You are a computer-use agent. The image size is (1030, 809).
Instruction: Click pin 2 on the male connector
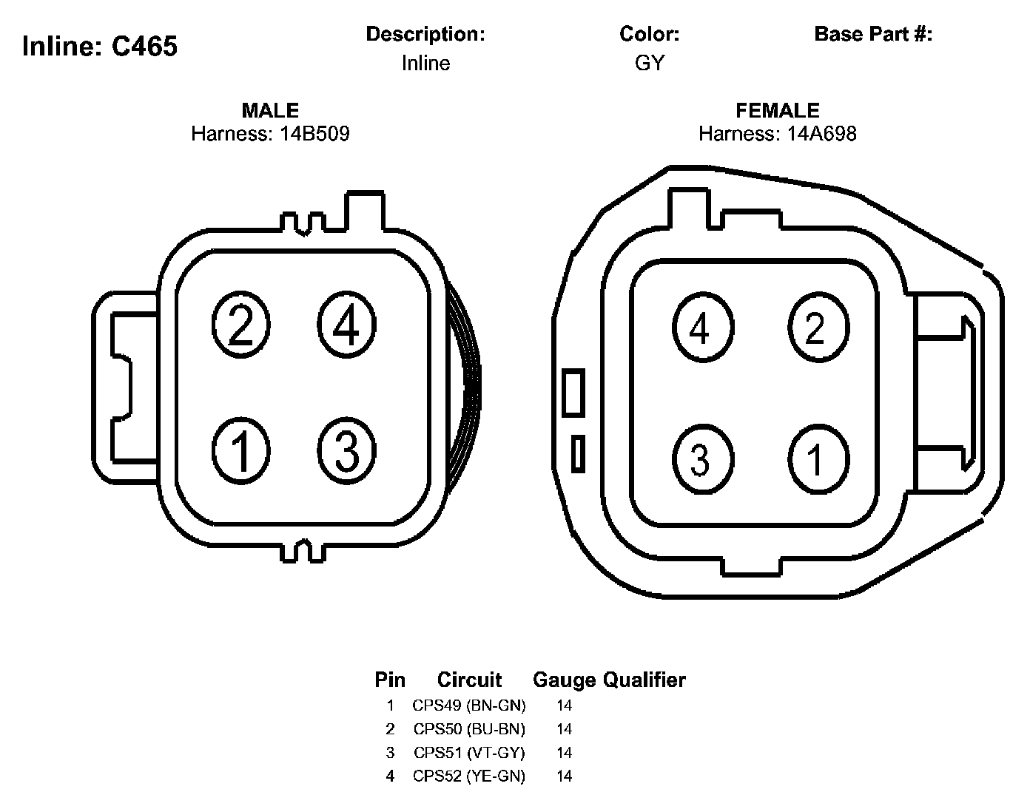tap(240, 325)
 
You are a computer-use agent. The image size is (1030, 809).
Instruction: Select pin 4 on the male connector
tap(346, 325)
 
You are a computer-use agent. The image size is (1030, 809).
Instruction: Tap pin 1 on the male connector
tap(240, 451)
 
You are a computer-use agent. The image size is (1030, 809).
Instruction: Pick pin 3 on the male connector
tap(346, 451)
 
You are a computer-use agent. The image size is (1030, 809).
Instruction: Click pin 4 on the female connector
tap(703, 328)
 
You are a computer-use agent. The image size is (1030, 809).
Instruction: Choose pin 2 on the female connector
tap(818, 328)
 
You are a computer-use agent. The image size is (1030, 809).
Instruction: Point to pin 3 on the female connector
tap(703, 459)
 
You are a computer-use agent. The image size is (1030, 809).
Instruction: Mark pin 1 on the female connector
tap(818, 459)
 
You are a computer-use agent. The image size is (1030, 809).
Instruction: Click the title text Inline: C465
tap(100, 47)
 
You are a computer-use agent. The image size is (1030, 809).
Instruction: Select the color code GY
tap(650, 63)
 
